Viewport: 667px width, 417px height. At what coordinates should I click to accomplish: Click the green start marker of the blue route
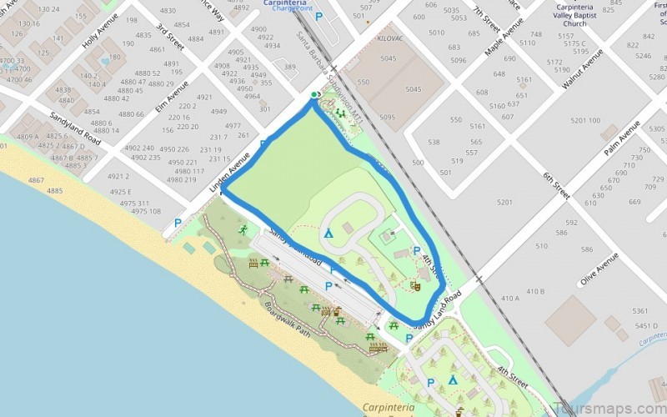point(313,95)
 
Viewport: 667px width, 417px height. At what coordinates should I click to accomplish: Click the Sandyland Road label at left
point(74,127)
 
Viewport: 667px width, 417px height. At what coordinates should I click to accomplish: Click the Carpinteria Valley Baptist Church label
point(585,16)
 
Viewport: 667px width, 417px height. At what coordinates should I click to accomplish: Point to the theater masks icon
point(414,285)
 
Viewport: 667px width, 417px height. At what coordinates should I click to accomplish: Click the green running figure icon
point(243,229)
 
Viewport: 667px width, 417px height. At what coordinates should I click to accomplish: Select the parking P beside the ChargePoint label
point(318,16)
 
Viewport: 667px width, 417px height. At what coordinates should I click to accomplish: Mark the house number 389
point(289,67)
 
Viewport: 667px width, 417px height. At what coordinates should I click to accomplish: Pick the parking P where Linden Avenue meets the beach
point(177,224)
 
